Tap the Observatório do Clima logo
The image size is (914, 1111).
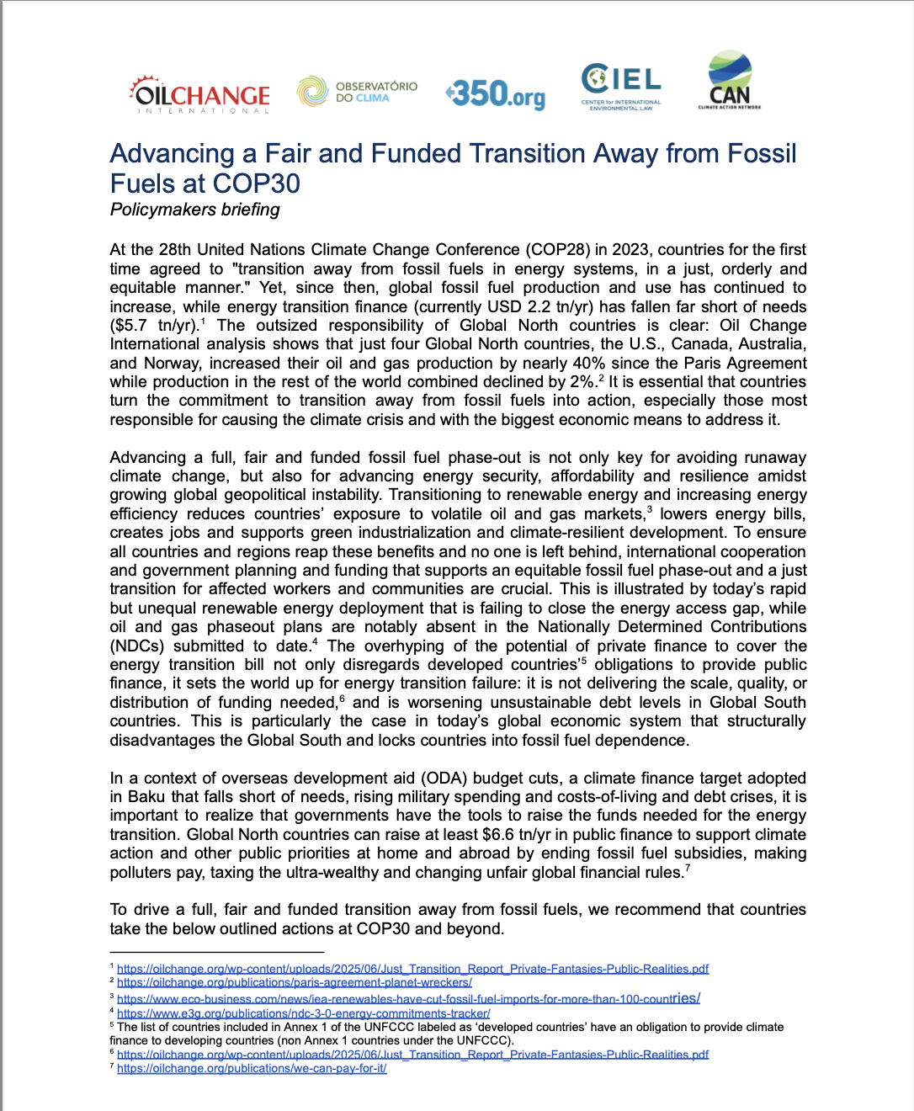point(357,91)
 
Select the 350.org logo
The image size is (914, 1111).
point(496,93)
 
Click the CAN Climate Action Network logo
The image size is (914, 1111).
point(729,82)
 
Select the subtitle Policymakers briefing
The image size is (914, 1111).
point(194,210)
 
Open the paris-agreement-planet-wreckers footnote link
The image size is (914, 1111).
point(294,982)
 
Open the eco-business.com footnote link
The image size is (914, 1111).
point(408,998)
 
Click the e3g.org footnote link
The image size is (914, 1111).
point(303,1013)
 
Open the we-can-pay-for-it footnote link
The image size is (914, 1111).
point(252,1068)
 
